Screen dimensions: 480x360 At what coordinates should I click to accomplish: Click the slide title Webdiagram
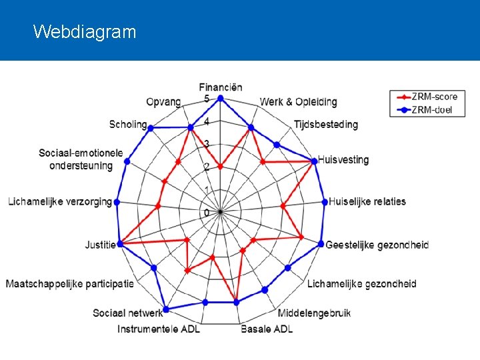point(84,31)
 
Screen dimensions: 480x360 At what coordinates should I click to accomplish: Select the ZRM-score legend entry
point(434,97)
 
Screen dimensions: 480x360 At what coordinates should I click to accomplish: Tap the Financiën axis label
point(221,87)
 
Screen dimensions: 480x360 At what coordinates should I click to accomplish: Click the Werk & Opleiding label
point(298,102)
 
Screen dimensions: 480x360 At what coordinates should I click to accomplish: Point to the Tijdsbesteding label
point(325,124)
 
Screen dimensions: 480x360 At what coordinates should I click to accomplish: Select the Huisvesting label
point(343,159)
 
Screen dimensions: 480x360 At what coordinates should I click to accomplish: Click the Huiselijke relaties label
point(367,201)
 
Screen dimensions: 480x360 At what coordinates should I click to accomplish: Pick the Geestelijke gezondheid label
point(377,245)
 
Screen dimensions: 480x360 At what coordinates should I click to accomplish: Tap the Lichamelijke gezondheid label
point(361,284)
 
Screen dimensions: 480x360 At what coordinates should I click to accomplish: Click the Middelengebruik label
point(313,313)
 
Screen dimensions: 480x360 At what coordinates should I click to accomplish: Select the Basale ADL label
point(267,329)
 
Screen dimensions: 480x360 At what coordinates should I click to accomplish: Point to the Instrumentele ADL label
point(159,329)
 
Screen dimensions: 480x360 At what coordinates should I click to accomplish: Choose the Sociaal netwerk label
point(127,313)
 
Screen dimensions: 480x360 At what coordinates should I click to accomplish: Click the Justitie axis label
point(100,245)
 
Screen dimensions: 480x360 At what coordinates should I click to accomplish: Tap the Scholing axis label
point(127,124)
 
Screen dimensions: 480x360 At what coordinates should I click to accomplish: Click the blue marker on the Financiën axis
point(221,97)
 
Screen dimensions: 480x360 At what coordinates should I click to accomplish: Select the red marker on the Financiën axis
point(221,167)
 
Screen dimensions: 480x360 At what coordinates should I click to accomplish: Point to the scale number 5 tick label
point(207,99)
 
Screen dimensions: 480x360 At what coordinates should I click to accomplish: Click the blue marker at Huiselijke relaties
point(324,201)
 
